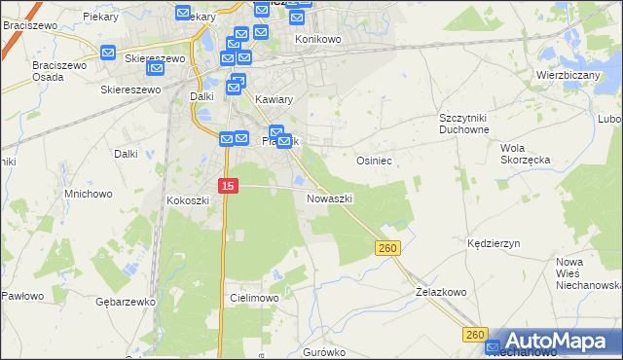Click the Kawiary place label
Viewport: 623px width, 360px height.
273,100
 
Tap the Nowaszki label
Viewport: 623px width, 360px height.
329,198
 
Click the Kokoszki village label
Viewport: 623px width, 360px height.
188,200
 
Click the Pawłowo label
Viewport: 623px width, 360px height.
20,295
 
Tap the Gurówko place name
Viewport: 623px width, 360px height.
324,351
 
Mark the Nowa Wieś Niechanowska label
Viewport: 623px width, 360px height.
588,273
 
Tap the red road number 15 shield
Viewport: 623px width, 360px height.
227,185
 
